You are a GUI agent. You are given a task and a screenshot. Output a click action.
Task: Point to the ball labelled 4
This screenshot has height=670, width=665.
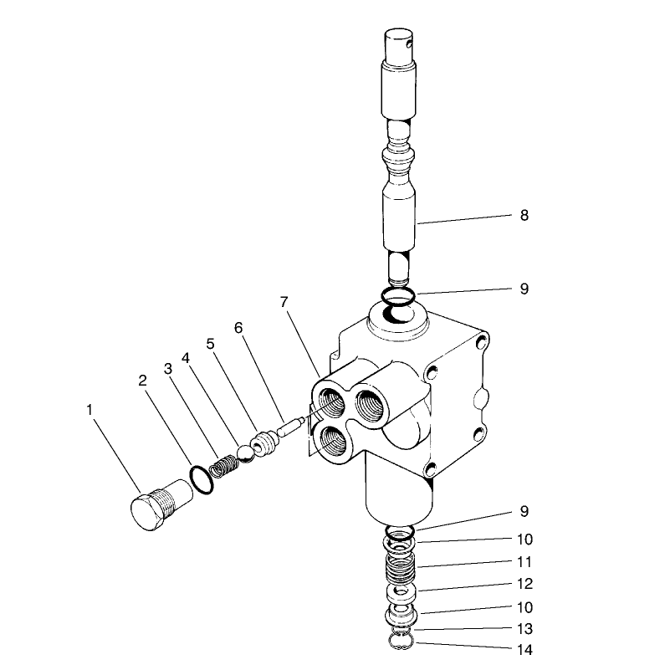click(243, 453)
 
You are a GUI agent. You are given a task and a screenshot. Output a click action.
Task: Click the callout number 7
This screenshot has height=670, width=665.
click(284, 302)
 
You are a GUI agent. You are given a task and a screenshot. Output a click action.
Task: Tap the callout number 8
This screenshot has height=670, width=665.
click(524, 215)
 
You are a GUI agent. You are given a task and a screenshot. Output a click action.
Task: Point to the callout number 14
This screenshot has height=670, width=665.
click(524, 648)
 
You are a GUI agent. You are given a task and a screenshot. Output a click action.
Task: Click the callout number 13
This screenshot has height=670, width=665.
click(524, 628)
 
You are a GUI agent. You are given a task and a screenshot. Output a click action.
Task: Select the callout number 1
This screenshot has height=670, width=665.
click(89, 409)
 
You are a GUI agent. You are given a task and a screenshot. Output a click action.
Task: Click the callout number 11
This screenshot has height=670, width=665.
click(524, 562)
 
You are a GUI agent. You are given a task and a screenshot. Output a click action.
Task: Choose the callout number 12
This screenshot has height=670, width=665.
click(524, 584)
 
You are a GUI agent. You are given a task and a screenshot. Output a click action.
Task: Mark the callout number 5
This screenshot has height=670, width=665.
click(211, 343)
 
